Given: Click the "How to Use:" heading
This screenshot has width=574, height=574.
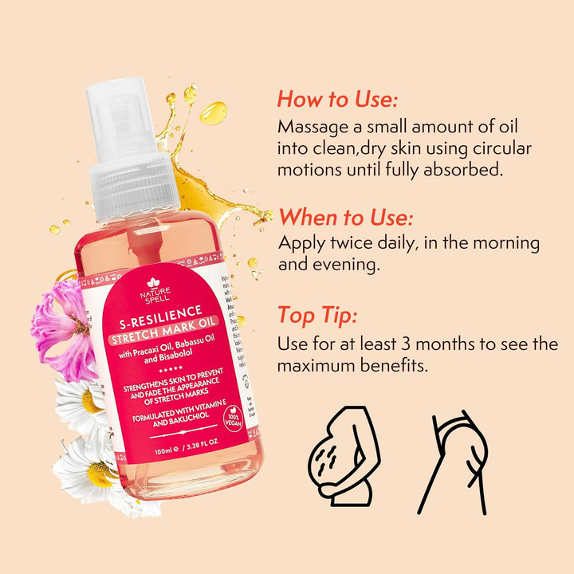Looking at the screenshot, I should pyautogui.click(x=337, y=100).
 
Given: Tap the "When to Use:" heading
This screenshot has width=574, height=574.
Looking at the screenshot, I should pyautogui.click(x=344, y=217).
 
